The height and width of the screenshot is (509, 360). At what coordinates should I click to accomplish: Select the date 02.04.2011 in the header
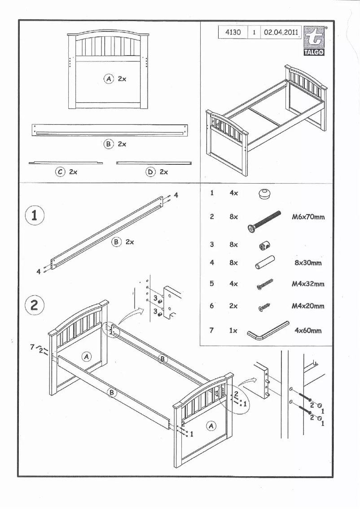[281, 33]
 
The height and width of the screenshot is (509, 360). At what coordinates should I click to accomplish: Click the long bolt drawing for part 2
[264, 221]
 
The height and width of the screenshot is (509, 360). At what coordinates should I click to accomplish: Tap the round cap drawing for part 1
[265, 194]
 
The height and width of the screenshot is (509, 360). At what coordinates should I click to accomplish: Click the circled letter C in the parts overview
[60, 171]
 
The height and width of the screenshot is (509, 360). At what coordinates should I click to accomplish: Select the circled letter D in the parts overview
[150, 171]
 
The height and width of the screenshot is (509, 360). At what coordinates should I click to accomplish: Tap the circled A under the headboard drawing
[109, 79]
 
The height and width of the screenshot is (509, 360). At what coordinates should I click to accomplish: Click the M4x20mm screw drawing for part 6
[264, 307]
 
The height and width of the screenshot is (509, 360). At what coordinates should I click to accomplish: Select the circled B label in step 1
[116, 242]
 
